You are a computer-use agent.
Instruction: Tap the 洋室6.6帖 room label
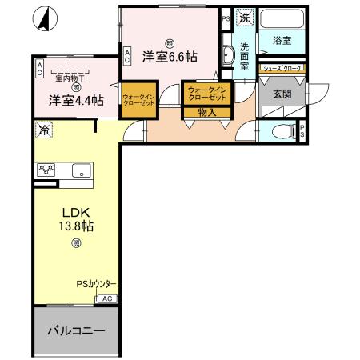click(170, 57)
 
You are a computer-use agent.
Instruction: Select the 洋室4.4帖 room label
click(74, 101)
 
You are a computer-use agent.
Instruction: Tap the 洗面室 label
click(246, 58)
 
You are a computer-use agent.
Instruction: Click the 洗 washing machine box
click(245, 17)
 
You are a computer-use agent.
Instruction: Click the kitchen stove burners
click(46, 170)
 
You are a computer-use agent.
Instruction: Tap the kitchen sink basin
click(79, 170)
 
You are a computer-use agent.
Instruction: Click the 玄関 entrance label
click(282, 94)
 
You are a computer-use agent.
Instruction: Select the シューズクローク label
click(282, 69)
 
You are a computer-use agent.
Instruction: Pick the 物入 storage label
click(206, 113)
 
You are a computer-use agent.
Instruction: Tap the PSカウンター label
click(97, 284)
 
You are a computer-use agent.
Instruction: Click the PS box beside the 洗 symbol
click(226, 17)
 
